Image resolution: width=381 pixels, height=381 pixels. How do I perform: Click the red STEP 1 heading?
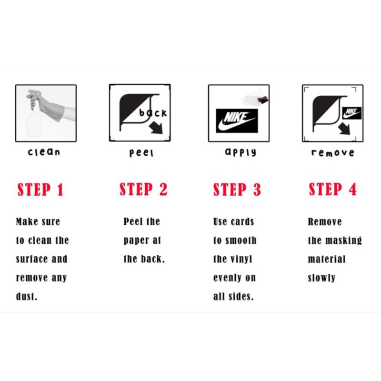point(40,190)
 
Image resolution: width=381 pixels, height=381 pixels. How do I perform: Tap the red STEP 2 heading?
point(143,189)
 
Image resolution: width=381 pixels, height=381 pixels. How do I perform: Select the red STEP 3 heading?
point(237,190)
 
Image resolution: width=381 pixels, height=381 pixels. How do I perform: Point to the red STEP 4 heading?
point(332,189)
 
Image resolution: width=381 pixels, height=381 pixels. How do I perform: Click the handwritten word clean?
point(44,152)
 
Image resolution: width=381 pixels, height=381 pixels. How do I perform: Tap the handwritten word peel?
point(141,153)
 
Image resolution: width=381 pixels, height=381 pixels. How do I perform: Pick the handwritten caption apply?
point(241,152)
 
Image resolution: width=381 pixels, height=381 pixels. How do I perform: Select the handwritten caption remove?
point(332,152)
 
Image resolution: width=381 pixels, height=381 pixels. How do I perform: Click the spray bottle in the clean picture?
point(34,119)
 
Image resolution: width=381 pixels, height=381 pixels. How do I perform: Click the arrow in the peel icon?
point(156,128)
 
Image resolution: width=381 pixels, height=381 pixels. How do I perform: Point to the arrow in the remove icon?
point(344,128)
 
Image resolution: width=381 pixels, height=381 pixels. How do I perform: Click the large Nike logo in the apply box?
point(237,121)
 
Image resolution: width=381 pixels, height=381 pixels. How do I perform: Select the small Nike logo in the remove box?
point(352,113)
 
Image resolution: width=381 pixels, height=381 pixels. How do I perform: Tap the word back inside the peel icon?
point(153,113)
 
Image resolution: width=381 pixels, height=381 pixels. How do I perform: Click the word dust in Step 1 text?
point(26,296)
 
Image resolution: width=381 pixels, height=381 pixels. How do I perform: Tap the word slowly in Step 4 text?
point(321,278)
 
